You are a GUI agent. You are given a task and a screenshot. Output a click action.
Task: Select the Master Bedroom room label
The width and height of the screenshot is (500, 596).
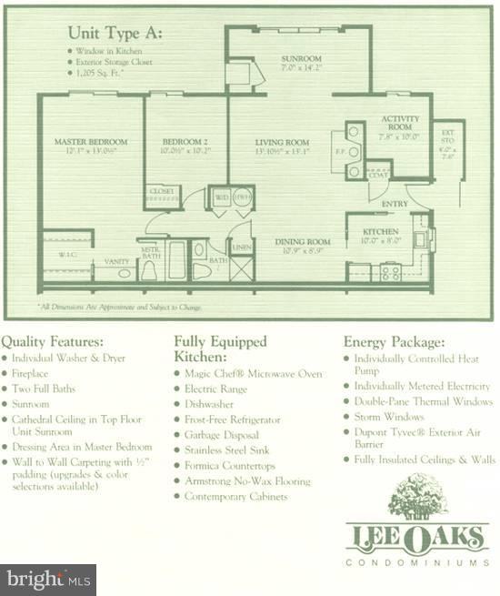point(90,142)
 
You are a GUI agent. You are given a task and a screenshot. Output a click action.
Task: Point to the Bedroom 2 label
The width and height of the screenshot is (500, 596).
point(185,142)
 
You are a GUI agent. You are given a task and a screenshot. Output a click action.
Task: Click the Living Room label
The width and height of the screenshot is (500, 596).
point(281,143)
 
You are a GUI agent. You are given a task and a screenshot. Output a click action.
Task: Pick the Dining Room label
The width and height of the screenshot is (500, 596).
point(302,241)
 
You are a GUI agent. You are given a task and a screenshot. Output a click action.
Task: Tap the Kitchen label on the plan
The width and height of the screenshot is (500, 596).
point(381,232)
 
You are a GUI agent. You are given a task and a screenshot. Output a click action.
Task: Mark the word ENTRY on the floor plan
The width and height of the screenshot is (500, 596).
point(395,204)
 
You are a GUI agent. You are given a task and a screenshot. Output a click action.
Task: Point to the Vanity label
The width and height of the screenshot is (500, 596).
point(116,261)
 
